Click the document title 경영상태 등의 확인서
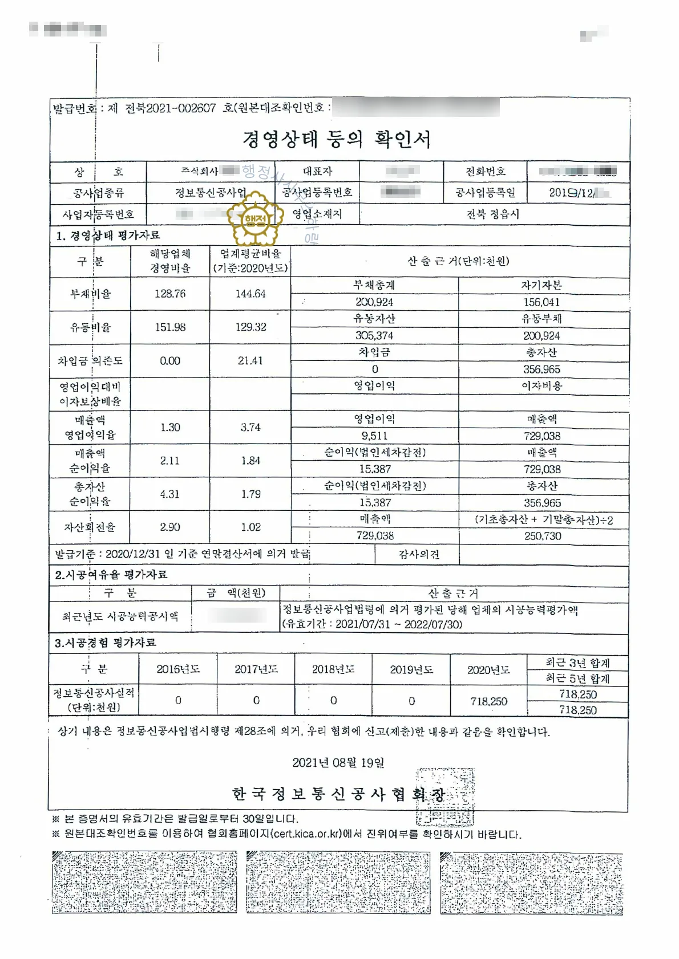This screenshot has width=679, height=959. coord(337,139)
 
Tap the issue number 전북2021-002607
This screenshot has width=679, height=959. coord(170,108)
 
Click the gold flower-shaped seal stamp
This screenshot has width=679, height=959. coord(255,218)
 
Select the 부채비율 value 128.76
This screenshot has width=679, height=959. coord(170,294)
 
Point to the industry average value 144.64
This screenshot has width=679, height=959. coord(250,294)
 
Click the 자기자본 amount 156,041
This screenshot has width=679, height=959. coord(541,302)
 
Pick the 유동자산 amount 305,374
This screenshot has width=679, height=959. coord(374,336)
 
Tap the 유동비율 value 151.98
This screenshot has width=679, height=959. coord(170,327)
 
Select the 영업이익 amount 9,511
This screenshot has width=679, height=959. coord(374,436)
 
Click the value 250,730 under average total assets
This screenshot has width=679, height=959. coord(543,537)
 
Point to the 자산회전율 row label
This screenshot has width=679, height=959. coord(90,527)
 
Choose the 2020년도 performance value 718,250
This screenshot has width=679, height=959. coord(488,701)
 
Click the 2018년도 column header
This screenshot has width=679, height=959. coord(333,669)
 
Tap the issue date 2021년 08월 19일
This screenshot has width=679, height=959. coord(338,763)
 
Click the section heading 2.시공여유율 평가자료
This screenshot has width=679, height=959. coord(111,575)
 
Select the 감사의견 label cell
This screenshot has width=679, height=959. coord(419,554)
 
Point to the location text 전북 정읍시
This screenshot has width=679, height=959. coord(493,214)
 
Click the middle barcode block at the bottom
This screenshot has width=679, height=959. coord(338,883)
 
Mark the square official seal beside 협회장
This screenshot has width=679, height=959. coord(445,796)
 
